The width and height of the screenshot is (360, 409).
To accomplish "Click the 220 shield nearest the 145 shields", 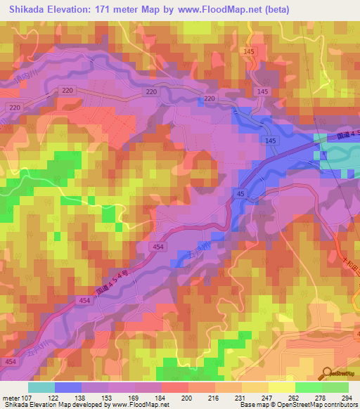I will click(209, 99).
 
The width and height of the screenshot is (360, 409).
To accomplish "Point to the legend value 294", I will click(347, 397).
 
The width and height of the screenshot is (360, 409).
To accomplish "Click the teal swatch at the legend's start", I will click(41, 387).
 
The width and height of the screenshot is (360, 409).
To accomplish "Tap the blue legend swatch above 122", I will click(67, 387).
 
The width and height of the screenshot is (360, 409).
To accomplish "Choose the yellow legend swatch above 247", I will click(255, 387).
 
